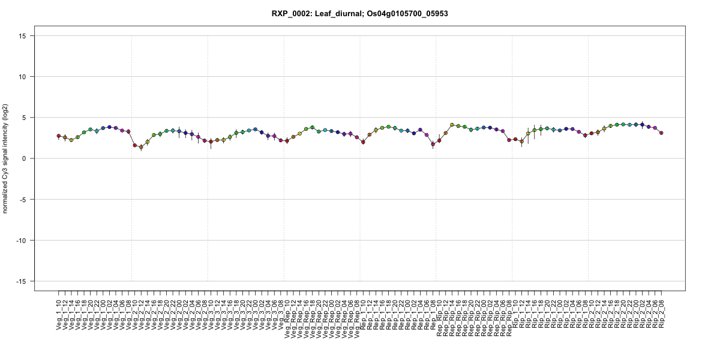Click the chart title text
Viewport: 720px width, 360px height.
click(x=360, y=13)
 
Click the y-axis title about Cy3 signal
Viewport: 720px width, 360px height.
click(x=6, y=158)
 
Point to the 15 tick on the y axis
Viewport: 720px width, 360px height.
click(x=25, y=36)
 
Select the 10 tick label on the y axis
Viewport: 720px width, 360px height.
click(x=25, y=77)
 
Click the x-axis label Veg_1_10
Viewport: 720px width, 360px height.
click(x=59, y=313)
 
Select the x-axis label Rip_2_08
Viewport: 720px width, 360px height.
click(x=661, y=311)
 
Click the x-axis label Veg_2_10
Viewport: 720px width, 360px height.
click(x=135, y=313)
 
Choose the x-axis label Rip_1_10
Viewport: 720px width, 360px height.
click(x=515, y=311)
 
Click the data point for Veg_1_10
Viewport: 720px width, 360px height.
click(x=59, y=136)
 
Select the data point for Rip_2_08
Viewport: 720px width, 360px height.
click(x=661, y=133)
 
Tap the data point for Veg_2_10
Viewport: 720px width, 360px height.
click(x=135, y=145)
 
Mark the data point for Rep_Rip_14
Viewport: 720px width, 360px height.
click(x=452, y=125)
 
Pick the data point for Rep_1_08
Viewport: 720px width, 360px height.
click(x=433, y=144)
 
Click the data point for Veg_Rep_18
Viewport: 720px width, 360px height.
click(x=313, y=127)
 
